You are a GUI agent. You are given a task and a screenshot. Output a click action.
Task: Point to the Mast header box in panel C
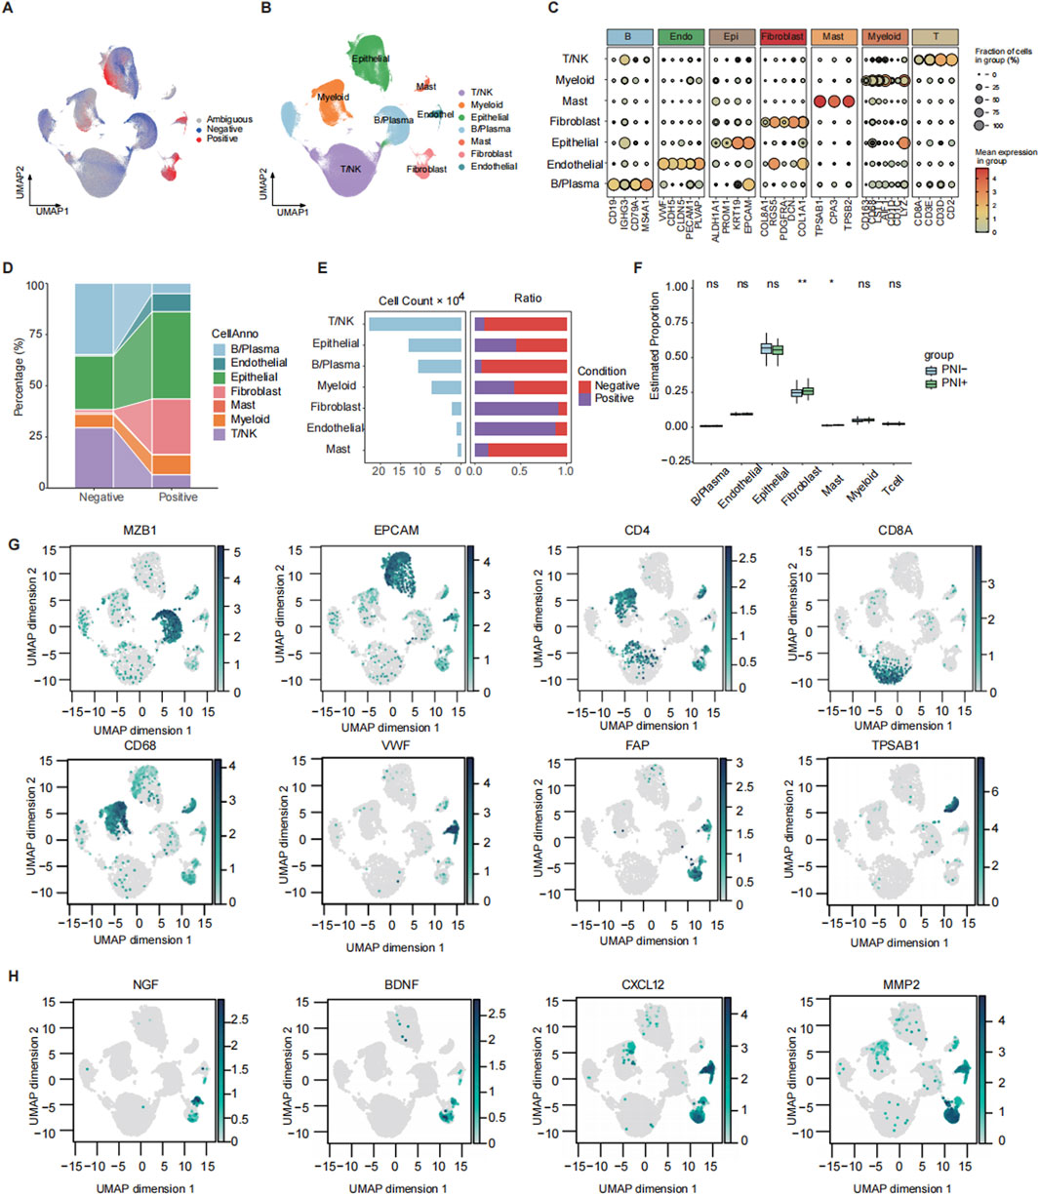[835, 36]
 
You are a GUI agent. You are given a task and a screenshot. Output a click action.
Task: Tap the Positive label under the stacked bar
[177, 497]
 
